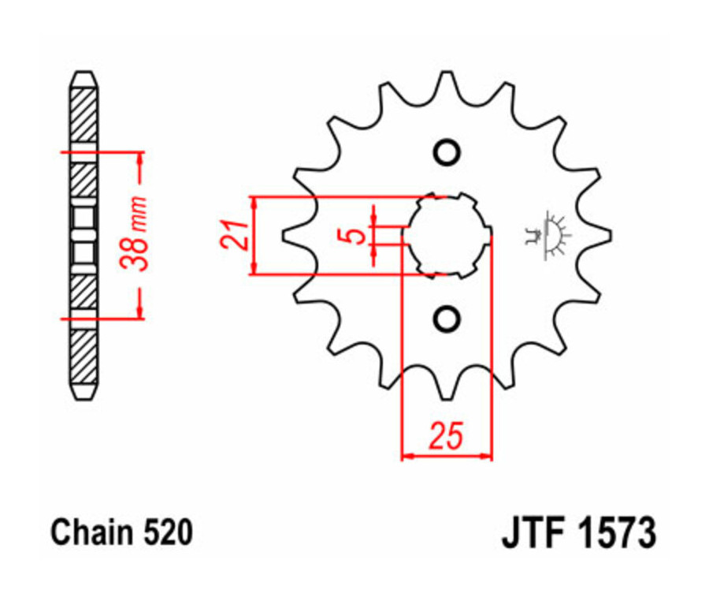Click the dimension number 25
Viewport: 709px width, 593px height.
445,436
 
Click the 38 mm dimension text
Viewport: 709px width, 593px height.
141,235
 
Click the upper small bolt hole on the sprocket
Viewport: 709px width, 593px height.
447,152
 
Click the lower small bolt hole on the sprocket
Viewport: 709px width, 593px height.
447,319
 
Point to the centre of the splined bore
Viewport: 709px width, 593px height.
447,234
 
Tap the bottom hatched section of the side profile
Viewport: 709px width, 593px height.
84,355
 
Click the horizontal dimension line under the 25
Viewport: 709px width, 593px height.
447,456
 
